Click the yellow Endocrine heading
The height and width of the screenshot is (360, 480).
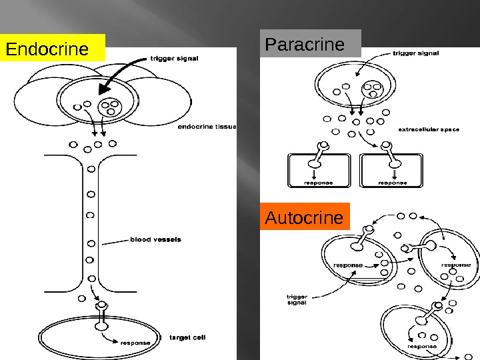[x=53, y=49]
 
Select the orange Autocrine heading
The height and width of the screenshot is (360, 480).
[x=305, y=218]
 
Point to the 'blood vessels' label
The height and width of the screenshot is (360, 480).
[x=155, y=239]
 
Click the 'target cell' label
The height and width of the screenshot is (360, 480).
[x=188, y=337]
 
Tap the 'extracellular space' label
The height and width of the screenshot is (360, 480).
[x=429, y=129]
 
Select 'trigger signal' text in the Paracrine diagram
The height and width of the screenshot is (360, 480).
[x=415, y=54]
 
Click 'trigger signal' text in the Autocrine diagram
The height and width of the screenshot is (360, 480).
[x=297, y=299]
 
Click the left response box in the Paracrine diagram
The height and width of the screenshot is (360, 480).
[x=319, y=170]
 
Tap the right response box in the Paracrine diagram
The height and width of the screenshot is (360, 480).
[x=391, y=170]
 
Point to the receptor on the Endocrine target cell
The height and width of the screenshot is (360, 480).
[x=102, y=316]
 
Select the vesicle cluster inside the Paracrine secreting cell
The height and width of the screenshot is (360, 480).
[x=372, y=89]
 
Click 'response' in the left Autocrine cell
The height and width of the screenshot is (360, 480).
[x=347, y=265]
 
